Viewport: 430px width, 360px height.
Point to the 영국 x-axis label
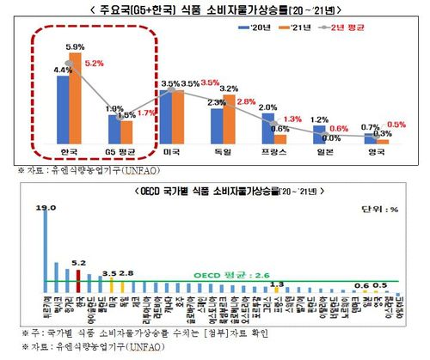374,152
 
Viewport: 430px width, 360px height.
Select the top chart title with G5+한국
215,9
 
